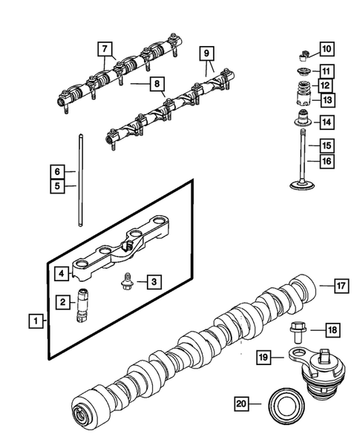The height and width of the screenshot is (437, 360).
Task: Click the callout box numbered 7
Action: point(108,49)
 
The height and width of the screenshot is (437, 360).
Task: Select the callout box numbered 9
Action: point(207,53)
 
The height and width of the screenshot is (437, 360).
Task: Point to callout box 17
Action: point(340,286)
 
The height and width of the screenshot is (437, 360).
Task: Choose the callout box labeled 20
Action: point(240,404)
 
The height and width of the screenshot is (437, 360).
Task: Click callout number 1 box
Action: point(33,322)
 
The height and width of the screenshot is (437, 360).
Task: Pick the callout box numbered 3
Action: point(152,282)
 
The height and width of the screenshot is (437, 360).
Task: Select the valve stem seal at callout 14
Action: point(302,119)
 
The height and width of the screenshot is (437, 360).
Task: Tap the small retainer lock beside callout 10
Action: point(303,53)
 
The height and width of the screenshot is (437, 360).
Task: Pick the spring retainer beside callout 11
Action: point(302,72)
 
